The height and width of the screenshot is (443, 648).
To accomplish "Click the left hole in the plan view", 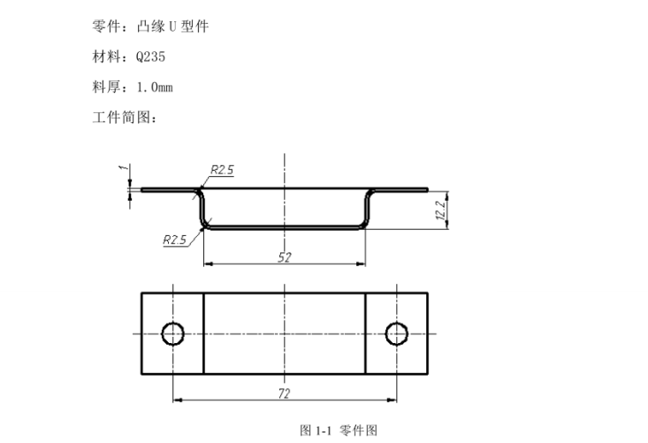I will pyautogui.click(x=172, y=333).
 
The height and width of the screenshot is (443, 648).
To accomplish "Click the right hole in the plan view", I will pyautogui.click(x=397, y=333).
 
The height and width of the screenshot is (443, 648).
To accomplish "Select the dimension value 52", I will pyautogui.click(x=285, y=256).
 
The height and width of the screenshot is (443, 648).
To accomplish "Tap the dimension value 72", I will pyautogui.click(x=285, y=393).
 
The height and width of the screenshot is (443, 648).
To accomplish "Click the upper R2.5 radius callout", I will pyautogui.click(x=222, y=171).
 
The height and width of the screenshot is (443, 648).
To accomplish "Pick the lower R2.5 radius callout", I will pyautogui.click(x=175, y=239).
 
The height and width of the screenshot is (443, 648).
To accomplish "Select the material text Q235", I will pyautogui.click(x=150, y=57).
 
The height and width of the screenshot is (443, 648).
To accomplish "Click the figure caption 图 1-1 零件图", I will pyautogui.click(x=339, y=431).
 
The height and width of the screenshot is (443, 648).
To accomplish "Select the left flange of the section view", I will pyautogui.click(x=168, y=188).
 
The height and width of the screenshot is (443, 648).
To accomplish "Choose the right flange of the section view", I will pyautogui.click(x=402, y=188).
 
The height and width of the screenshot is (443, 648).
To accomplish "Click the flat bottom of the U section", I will pyautogui.click(x=285, y=227).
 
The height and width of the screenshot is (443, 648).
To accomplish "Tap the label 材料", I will pyautogui.click(x=106, y=57).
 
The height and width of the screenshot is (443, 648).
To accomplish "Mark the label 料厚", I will pyautogui.click(x=106, y=87).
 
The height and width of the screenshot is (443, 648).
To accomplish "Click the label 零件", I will pyautogui.click(x=106, y=27).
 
